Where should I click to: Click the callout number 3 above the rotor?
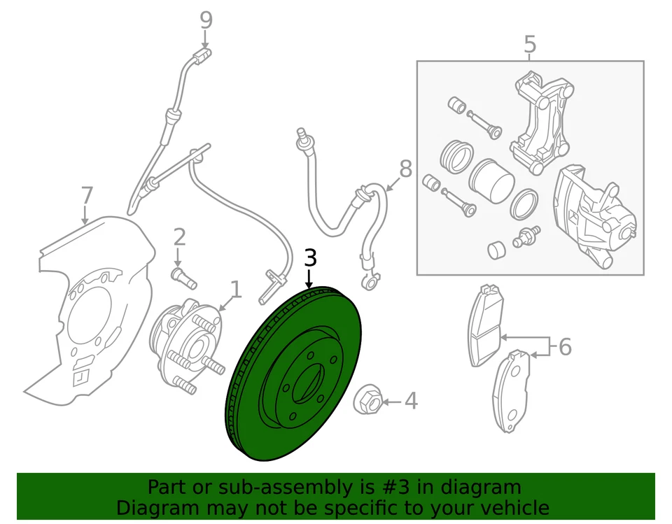[310, 258]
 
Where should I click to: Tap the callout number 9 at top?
[206, 20]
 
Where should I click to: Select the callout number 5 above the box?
[530, 44]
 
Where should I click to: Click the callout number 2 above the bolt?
[179, 236]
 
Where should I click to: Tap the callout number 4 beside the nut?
[411, 402]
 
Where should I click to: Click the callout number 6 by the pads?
[565, 346]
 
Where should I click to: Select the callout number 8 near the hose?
[406, 169]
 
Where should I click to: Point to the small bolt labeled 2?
[183, 277]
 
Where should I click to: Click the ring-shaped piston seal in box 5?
[524, 204]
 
